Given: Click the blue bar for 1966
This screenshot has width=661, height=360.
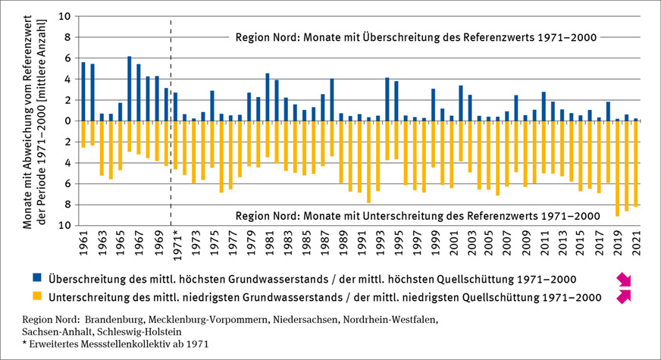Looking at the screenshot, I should tap(130, 89).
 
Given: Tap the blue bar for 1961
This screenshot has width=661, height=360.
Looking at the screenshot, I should tap(83, 92).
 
